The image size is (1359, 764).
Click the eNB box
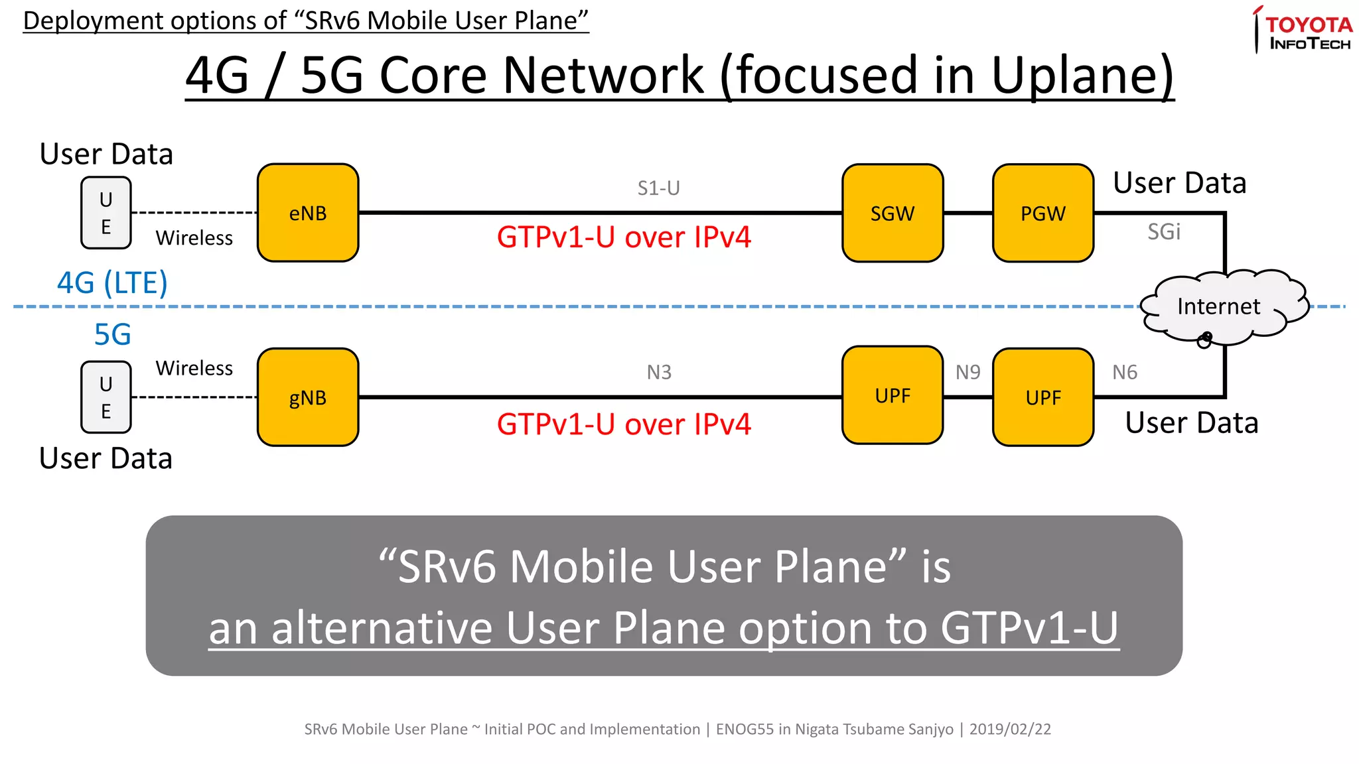click(308, 213)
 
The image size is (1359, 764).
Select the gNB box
click(308, 397)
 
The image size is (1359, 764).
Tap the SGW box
click(893, 213)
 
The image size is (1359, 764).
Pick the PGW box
click(1043, 213)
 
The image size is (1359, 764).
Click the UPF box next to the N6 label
click(1043, 397)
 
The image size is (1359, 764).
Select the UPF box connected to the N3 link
click(893, 395)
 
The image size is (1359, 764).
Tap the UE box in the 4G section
click(106, 213)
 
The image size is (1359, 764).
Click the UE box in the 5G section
click(106, 397)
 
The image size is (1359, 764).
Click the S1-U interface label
click(658, 188)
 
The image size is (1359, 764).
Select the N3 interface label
click(659, 373)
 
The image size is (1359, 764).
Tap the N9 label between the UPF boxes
click(967, 373)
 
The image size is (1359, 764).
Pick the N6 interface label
click(1125, 373)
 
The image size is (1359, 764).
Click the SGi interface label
click(1164, 231)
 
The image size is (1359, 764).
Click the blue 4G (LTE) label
click(112, 283)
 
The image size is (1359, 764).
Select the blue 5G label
click(112, 335)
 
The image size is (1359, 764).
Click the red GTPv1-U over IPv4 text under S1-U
click(624, 237)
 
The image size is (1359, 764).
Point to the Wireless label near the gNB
click(194, 368)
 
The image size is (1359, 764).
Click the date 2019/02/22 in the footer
click(1010, 730)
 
